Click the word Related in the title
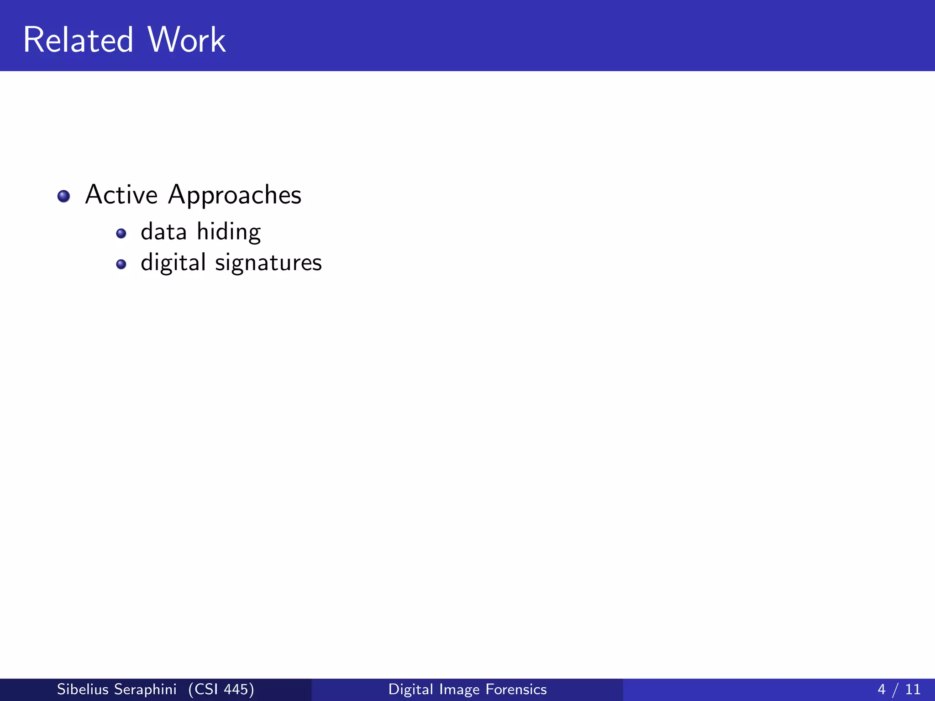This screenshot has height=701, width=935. tap(78, 40)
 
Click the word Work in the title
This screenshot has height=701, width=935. tap(186, 40)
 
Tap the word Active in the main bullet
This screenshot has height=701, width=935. tap(121, 195)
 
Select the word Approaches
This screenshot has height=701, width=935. tap(235, 196)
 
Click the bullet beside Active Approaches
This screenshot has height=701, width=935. tap(63, 196)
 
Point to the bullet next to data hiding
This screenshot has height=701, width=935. tap(121, 234)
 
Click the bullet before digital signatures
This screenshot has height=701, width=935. tap(121, 264)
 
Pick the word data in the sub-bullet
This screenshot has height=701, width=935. tap(163, 232)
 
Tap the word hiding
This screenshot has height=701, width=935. tap(229, 232)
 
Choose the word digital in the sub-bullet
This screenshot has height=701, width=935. tap(173, 263)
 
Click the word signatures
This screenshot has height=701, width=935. tap(268, 263)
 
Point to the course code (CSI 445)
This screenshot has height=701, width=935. tap(221, 689)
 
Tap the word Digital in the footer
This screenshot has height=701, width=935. tap(410, 689)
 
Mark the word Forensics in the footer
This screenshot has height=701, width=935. tap(516, 689)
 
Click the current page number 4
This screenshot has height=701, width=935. tap(881, 689)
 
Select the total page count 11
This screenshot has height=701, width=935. tap(913, 689)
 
